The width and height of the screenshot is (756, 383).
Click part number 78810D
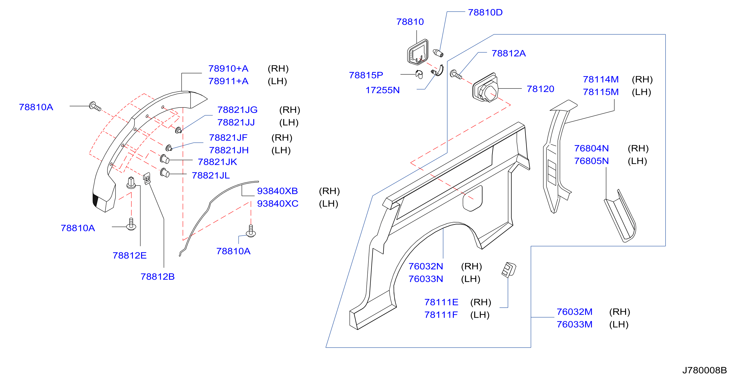click(x=485, y=13)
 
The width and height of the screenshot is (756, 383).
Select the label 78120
click(x=540, y=89)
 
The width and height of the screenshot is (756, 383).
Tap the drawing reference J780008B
click(x=704, y=370)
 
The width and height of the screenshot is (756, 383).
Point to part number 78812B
click(x=158, y=277)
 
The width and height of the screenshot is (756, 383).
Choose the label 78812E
click(x=129, y=256)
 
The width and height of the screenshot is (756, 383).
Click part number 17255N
click(x=382, y=90)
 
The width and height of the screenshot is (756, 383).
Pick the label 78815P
click(x=366, y=75)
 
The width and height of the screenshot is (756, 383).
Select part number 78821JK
click(x=217, y=162)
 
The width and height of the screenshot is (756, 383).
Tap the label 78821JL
click(x=211, y=175)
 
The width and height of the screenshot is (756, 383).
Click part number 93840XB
click(x=277, y=191)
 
